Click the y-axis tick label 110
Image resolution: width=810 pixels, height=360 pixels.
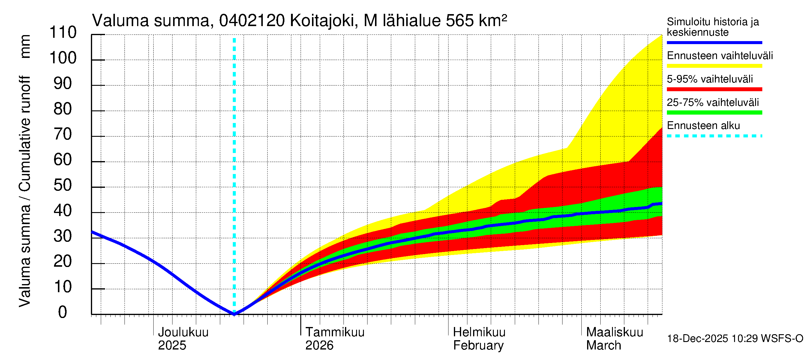pos(63,32)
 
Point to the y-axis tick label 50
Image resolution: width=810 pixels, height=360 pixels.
pos(63,185)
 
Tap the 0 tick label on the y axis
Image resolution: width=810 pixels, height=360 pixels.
pos(63,312)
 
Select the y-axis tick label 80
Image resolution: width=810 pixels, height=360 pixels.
pos(63,109)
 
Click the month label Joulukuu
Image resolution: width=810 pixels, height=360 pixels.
pos(183,332)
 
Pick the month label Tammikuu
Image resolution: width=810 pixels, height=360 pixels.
pos(335,332)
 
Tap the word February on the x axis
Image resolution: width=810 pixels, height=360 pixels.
pos(478,346)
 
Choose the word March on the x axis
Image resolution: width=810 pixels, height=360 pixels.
pos(603,346)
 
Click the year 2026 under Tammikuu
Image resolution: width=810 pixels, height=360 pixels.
pos(319,346)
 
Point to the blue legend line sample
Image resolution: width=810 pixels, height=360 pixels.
pos(714,42)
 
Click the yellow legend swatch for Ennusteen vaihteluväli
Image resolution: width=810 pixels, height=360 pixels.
pos(714,66)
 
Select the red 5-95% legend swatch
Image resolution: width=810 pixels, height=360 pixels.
pos(714,89)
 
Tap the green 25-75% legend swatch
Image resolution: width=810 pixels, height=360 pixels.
pos(714,112)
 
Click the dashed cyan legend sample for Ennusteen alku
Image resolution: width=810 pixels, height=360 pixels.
pos(714,136)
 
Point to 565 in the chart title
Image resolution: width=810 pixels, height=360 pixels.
pos(459,21)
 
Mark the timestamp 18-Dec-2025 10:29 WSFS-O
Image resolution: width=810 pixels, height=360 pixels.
pos(735,339)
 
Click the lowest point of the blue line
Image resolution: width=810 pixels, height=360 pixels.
pos(234,314)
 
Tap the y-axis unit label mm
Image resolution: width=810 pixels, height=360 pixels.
pos(25,46)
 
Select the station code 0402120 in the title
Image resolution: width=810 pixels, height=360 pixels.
pos(252,21)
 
